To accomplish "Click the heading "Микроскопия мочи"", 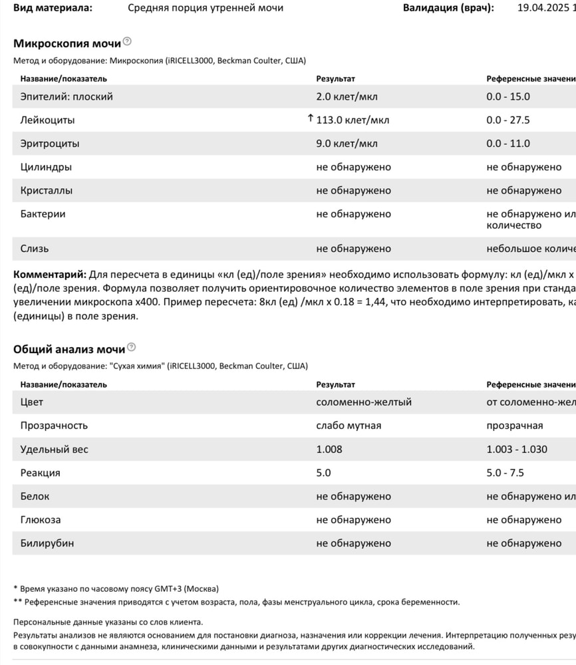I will [67, 44].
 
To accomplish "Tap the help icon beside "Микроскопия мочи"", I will [128, 42].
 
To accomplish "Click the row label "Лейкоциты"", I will [48, 120].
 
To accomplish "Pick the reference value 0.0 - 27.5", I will [508, 120].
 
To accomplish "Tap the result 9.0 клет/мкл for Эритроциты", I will [347, 144].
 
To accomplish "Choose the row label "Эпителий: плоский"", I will [67, 96].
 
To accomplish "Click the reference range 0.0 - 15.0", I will [508, 96].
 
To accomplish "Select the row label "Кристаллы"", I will [47, 191].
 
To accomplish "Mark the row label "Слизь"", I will [35, 249].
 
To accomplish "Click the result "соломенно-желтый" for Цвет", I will [364, 402].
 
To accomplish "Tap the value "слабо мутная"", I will [349, 426].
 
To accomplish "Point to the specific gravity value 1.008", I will [329, 450].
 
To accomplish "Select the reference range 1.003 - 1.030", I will [517, 450].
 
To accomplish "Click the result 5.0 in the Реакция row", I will [323, 473].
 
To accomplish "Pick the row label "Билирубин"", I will [47, 543].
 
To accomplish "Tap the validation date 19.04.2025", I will [543, 9].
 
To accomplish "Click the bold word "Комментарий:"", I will [50, 274].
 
